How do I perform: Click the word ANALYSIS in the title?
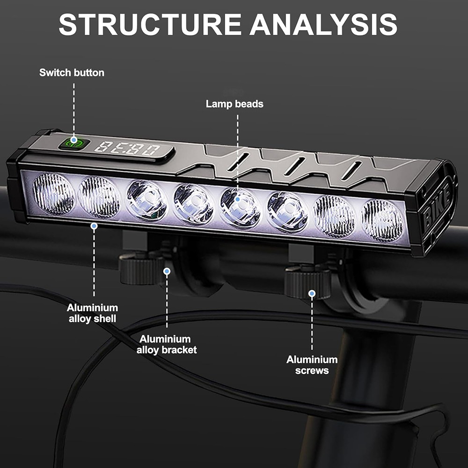323,24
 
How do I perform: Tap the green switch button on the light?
74,142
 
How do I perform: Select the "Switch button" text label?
72,73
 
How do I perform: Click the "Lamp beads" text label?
234,104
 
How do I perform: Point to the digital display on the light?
127,149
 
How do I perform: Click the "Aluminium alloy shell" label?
92,313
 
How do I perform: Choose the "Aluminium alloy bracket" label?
166,344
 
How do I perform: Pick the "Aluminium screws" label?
312,365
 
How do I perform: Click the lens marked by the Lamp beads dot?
240,207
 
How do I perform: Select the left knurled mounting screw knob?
140,269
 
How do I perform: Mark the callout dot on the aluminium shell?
94,226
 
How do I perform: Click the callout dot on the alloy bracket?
167,271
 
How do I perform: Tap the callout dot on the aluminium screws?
312,293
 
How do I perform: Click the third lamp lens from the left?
146,200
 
